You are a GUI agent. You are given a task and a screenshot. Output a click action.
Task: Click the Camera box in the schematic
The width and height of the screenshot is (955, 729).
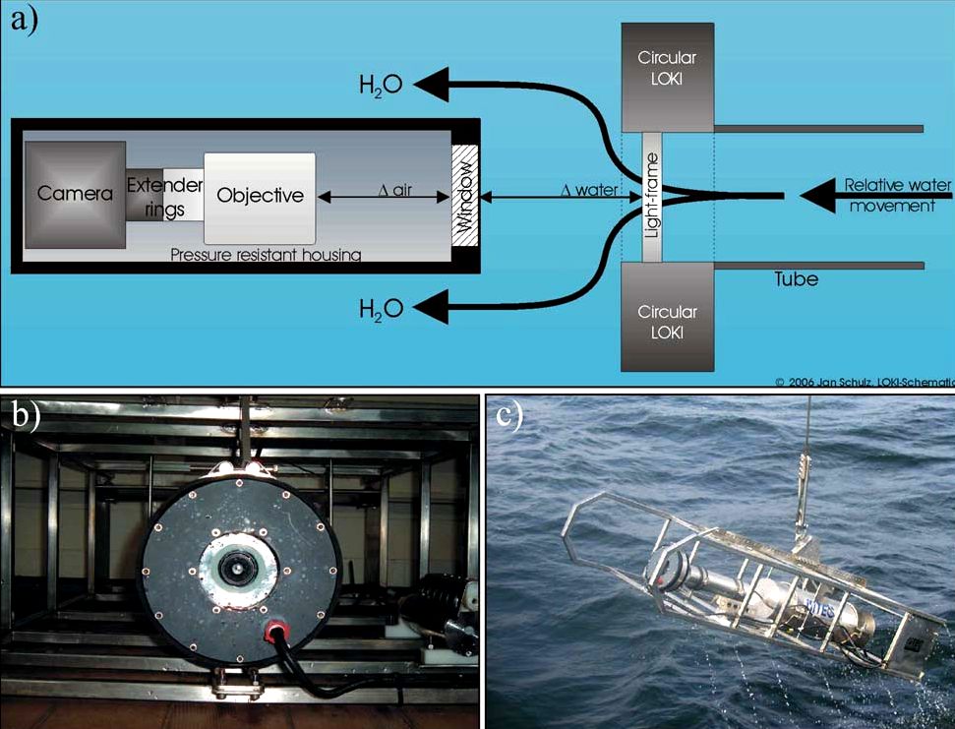pyautogui.click(x=76, y=193)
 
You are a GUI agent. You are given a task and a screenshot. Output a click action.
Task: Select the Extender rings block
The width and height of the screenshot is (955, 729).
pyautogui.click(x=164, y=195)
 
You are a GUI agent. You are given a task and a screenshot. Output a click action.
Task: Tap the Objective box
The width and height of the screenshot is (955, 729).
pyautogui.click(x=260, y=197)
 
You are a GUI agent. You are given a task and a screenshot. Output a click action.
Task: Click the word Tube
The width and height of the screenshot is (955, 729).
pyautogui.click(x=797, y=279)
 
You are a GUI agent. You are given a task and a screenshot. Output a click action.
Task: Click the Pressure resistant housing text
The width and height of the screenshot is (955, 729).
pyautogui.click(x=266, y=255)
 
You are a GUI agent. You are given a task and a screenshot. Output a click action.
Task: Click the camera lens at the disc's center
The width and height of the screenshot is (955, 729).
pyautogui.click(x=237, y=569)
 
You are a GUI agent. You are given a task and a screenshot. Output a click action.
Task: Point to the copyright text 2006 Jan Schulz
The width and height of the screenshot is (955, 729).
pyautogui.click(x=865, y=379)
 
